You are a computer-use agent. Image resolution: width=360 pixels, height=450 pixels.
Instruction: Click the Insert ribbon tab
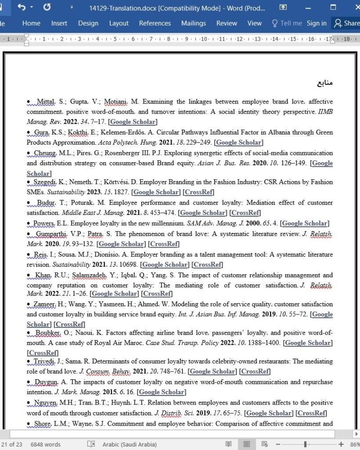coord(59,23)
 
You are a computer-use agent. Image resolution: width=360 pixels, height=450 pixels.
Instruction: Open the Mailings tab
coord(193,23)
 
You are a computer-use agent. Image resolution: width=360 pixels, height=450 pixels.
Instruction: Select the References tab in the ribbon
coord(155,23)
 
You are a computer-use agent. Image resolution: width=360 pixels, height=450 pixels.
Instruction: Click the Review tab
coord(226,23)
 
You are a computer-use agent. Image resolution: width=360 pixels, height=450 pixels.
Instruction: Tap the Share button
coord(346,23)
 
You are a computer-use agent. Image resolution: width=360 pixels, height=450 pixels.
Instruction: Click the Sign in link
coord(316,23)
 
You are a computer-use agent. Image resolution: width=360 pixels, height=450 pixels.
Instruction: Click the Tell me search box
coord(287,23)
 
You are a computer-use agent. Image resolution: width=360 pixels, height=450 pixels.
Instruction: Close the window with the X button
coord(357,8)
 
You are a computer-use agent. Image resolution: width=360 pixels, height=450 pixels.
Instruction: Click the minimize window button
coord(308,8)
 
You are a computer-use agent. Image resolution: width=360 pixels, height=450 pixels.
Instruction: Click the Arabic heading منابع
coord(324,83)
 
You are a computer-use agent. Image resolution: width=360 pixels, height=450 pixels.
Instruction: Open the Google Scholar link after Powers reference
coord(305,223)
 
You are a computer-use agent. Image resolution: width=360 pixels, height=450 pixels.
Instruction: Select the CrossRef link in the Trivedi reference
coord(255,371)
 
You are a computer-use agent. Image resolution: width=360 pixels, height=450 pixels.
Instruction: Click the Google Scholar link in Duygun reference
coord(162,392)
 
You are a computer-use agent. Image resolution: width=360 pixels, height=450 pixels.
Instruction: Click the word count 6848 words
coord(45,444)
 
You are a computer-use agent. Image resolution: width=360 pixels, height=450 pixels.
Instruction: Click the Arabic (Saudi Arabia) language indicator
coord(130,444)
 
